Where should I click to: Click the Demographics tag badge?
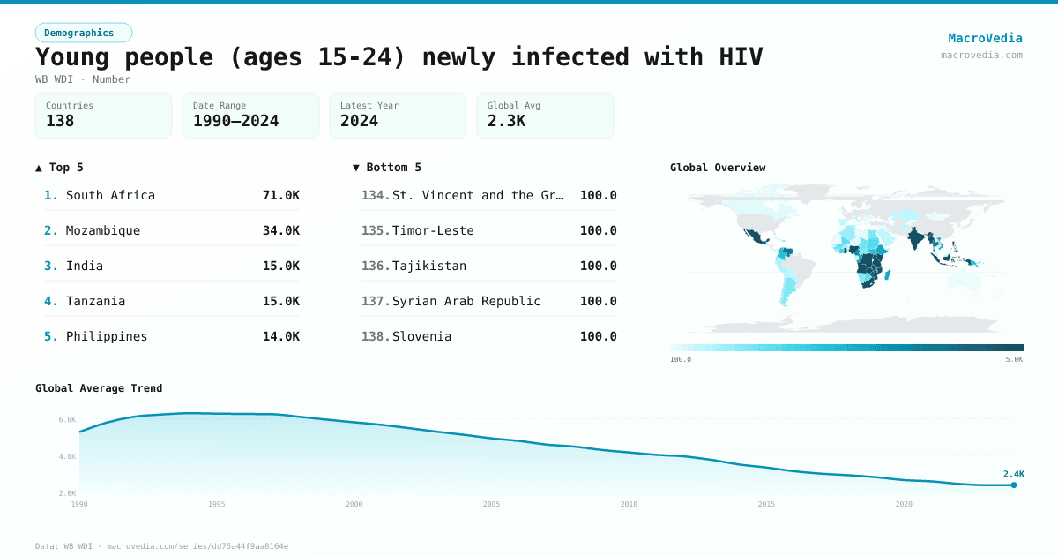tap(83, 33)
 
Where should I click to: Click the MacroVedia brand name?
tap(985, 38)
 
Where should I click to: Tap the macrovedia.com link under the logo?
tap(981, 55)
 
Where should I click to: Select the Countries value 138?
tap(60, 121)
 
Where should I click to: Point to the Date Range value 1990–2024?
tap(235, 121)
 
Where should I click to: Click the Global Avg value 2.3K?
tap(506, 121)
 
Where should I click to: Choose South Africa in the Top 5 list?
tap(110, 195)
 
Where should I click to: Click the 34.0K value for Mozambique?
tap(280, 230)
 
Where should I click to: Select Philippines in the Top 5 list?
tap(107, 336)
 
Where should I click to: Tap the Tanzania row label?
tap(95, 301)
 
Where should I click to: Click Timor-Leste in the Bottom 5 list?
tap(433, 230)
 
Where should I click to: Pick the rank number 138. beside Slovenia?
tap(376, 336)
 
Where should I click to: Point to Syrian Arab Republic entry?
tap(466, 301)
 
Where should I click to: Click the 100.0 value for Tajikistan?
tap(598, 266)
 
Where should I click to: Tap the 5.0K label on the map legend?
tap(1013, 359)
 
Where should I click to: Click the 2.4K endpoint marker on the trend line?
tap(1013, 485)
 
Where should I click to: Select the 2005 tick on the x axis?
tap(491, 504)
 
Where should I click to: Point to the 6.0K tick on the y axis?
tap(67, 420)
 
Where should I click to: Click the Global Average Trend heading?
tap(99, 388)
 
